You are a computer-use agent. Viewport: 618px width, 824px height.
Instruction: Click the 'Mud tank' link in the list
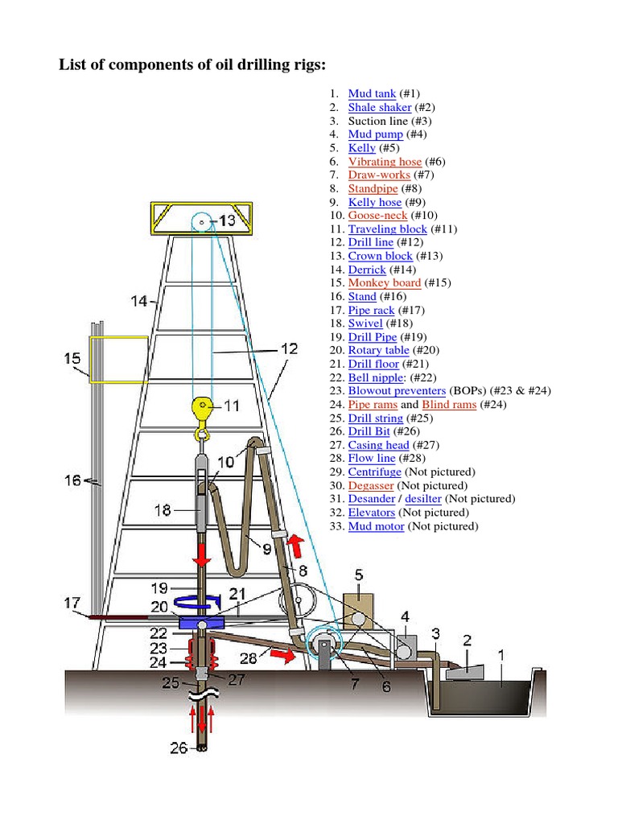tap(372, 94)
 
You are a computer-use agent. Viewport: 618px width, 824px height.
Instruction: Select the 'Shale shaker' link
tap(379, 108)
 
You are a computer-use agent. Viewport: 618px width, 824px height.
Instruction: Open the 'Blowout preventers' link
tap(396, 391)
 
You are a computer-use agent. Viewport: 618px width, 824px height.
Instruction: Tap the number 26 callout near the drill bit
tap(179, 748)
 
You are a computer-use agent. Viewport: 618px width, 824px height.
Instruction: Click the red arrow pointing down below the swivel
tap(200, 558)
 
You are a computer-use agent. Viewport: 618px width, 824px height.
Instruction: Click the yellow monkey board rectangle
tap(117, 359)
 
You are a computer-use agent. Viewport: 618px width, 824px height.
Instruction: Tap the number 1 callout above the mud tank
tap(501, 655)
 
